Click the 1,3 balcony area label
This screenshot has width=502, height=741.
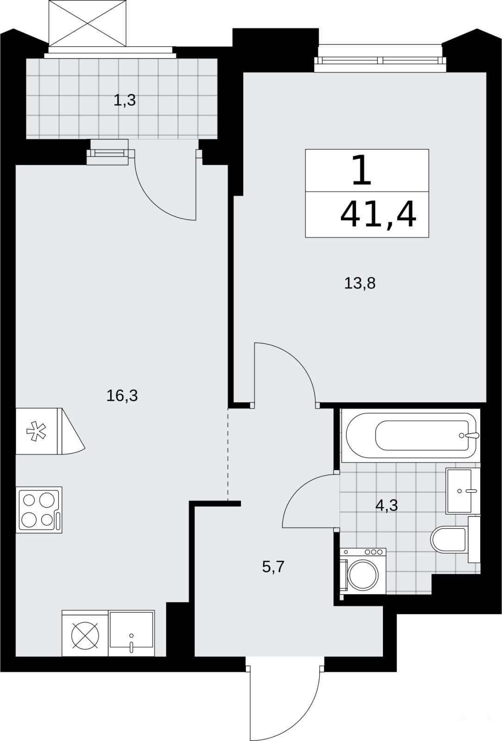click(125, 100)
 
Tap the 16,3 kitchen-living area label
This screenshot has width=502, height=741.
click(122, 396)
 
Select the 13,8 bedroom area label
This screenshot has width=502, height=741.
click(360, 283)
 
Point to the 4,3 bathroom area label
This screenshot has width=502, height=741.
click(387, 505)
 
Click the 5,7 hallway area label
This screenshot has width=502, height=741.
click(273, 567)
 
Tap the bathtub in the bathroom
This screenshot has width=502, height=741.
click(410, 436)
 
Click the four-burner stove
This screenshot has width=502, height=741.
click(39, 510)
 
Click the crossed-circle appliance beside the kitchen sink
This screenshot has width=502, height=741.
click(85, 633)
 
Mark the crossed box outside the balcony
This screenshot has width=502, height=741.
click(88, 23)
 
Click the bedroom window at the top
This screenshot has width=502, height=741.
click(380, 60)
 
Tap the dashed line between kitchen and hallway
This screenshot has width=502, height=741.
click(228, 454)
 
